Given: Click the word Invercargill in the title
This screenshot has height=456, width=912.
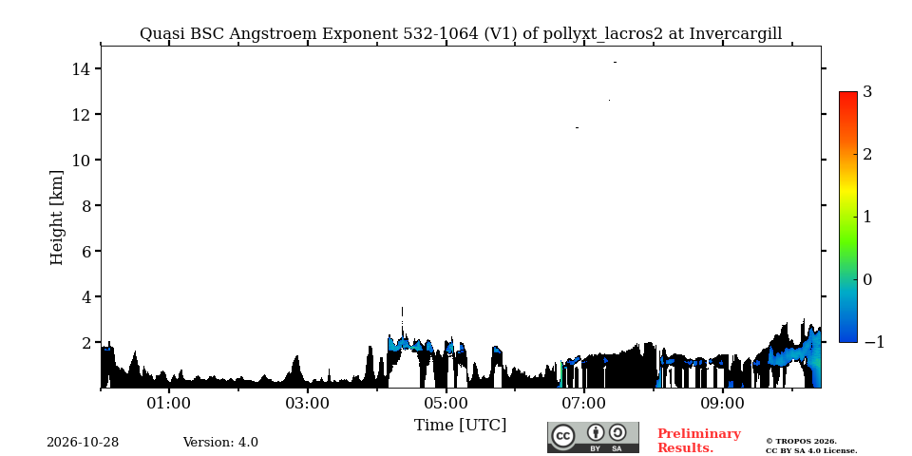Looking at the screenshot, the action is [x=735, y=34].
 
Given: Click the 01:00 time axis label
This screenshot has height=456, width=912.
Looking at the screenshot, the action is [x=169, y=403].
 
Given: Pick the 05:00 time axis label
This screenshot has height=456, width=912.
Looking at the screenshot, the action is [x=446, y=403].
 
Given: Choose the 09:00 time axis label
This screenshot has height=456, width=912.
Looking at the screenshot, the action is [x=722, y=403].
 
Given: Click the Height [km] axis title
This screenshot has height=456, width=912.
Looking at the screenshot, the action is [x=56, y=218].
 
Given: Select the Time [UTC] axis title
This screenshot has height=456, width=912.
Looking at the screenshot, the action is [x=460, y=426].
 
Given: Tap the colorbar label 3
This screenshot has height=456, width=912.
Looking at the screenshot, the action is [x=866, y=91].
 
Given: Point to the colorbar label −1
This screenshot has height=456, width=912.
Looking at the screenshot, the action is [x=874, y=343].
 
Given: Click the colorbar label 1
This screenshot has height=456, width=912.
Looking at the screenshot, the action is [x=866, y=217].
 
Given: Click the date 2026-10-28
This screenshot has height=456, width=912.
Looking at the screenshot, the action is [x=83, y=443].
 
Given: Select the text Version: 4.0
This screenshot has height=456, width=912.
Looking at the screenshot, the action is [x=220, y=443].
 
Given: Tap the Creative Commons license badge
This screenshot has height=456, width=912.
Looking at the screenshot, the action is [x=593, y=437].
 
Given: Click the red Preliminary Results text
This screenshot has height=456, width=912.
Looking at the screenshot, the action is [x=698, y=441].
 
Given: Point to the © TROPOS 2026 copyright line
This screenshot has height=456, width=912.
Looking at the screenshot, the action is [x=801, y=442].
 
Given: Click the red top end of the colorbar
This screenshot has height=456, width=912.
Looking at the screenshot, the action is [x=848, y=93].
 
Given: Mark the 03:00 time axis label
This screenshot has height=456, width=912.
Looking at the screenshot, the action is [x=308, y=403].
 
